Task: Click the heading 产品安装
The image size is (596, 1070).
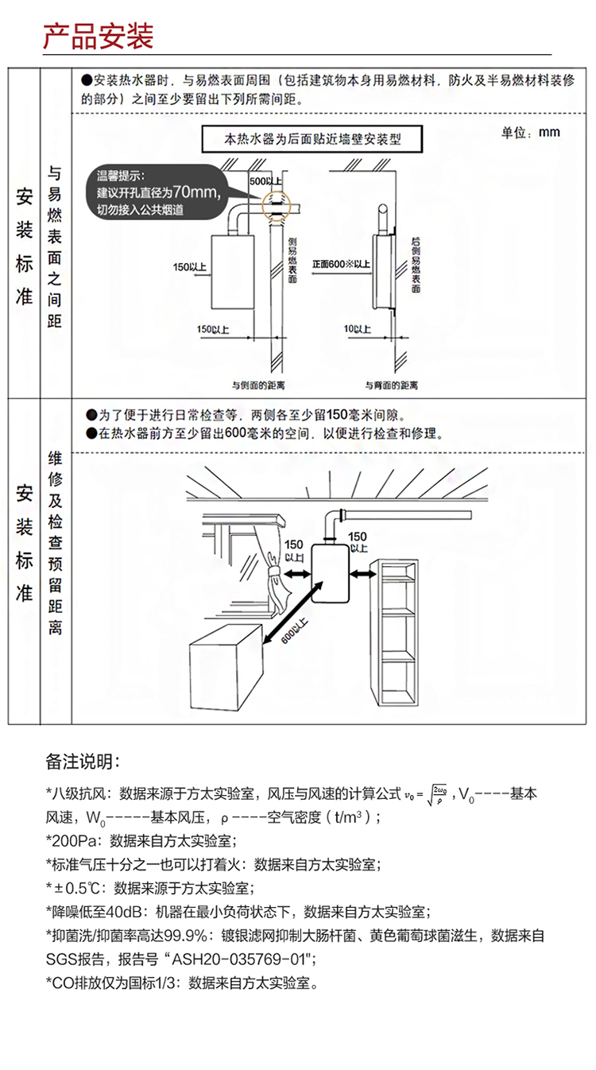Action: click(98, 37)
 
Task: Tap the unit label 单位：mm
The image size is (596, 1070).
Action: click(530, 132)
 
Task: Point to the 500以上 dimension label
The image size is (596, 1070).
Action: click(265, 182)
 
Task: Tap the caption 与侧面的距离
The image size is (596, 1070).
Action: click(257, 385)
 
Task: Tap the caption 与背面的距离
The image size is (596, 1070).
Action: click(391, 385)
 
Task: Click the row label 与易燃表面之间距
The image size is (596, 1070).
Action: click(55, 246)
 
